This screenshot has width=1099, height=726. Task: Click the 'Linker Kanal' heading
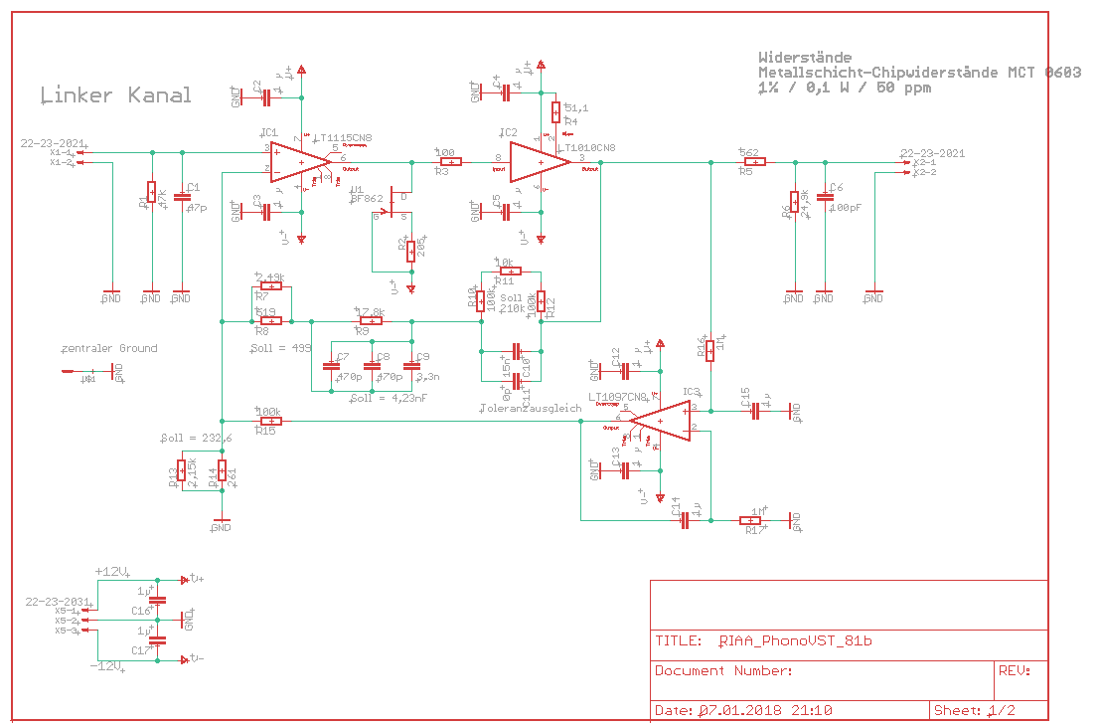pyautogui.click(x=116, y=95)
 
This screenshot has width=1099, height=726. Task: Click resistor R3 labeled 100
pyautogui.click(x=450, y=162)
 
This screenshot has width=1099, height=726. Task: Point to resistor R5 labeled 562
pyautogui.click(x=752, y=162)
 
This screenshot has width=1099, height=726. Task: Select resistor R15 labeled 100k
pyautogui.click(x=268, y=421)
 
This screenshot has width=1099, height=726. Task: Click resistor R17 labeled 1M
pyautogui.click(x=751, y=520)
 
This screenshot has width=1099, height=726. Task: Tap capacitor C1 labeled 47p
pyautogui.click(x=182, y=198)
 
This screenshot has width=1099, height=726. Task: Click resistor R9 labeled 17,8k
pyautogui.click(x=370, y=321)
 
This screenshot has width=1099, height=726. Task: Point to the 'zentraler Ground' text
pyautogui.click(x=109, y=349)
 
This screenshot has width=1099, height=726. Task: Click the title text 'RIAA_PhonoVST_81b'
pyautogui.click(x=795, y=641)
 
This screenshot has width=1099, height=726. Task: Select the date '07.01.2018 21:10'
pyautogui.click(x=765, y=711)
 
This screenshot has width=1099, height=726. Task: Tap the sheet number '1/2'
pyautogui.click(x=1002, y=711)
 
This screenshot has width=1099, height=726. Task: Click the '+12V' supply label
pyautogui.click(x=111, y=572)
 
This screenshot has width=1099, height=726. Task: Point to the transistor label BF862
pyautogui.click(x=367, y=198)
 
